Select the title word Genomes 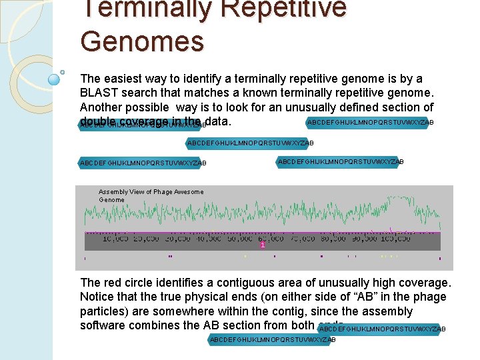coord(141,41)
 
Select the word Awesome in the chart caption coord(189,192)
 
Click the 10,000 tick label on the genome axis coord(115,239)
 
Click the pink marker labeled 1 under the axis coord(263,245)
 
